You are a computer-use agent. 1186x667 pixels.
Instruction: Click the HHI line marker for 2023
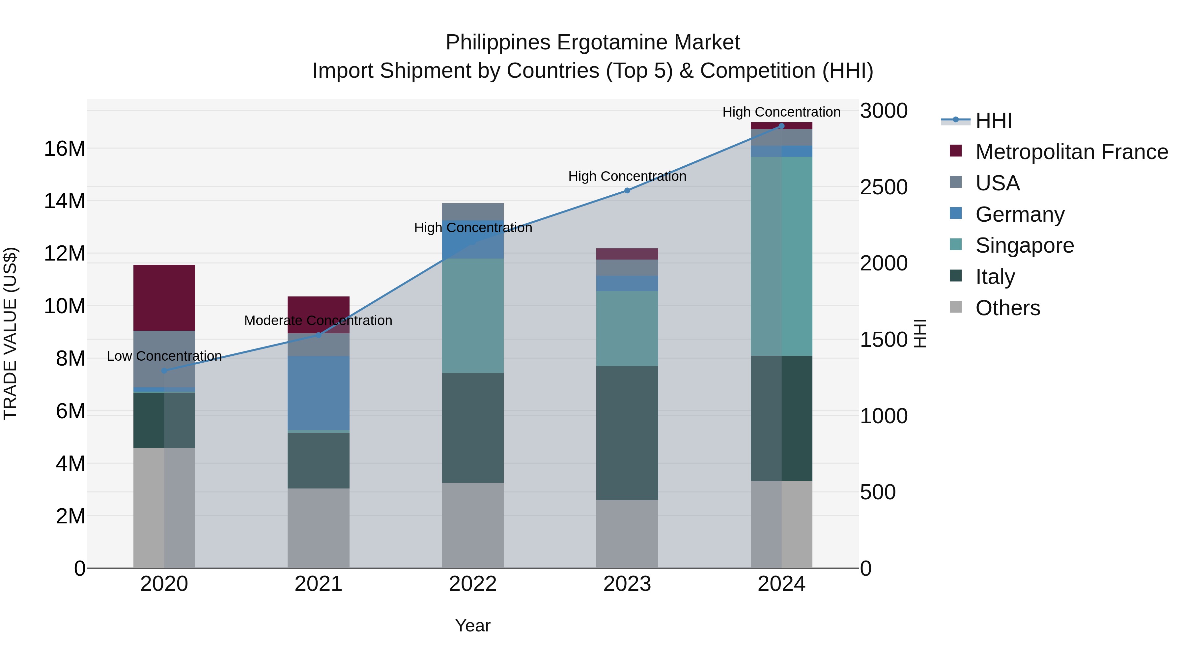pos(627,190)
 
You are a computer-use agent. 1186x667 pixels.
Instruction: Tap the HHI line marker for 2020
pos(164,371)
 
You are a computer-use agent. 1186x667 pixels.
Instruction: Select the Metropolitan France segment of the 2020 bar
pos(164,297)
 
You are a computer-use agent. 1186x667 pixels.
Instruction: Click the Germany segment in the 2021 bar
pos(318,393)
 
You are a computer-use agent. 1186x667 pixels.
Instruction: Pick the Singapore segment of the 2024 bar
pos(781,256)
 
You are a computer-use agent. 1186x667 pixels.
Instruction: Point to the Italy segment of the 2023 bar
pos(627,433)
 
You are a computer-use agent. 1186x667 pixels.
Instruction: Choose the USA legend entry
pos(997,183)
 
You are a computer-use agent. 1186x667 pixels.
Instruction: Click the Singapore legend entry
pos(1024,245)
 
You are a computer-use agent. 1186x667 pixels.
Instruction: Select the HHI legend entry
pos(994,121)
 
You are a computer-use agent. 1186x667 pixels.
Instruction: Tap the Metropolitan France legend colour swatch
pos(956,151)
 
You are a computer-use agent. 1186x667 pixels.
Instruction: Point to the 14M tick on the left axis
pos(65,201)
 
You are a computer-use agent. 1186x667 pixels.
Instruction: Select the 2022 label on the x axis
pos(473,584)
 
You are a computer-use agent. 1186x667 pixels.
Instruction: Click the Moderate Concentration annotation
pos(318,320)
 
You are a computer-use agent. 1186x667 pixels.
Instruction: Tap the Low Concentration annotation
pos(164,356)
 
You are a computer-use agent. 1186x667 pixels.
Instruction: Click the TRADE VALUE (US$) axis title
pos(10,333)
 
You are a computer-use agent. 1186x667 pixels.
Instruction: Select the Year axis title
pos(473,625)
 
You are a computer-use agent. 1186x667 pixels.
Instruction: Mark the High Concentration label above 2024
pos(781,112)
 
